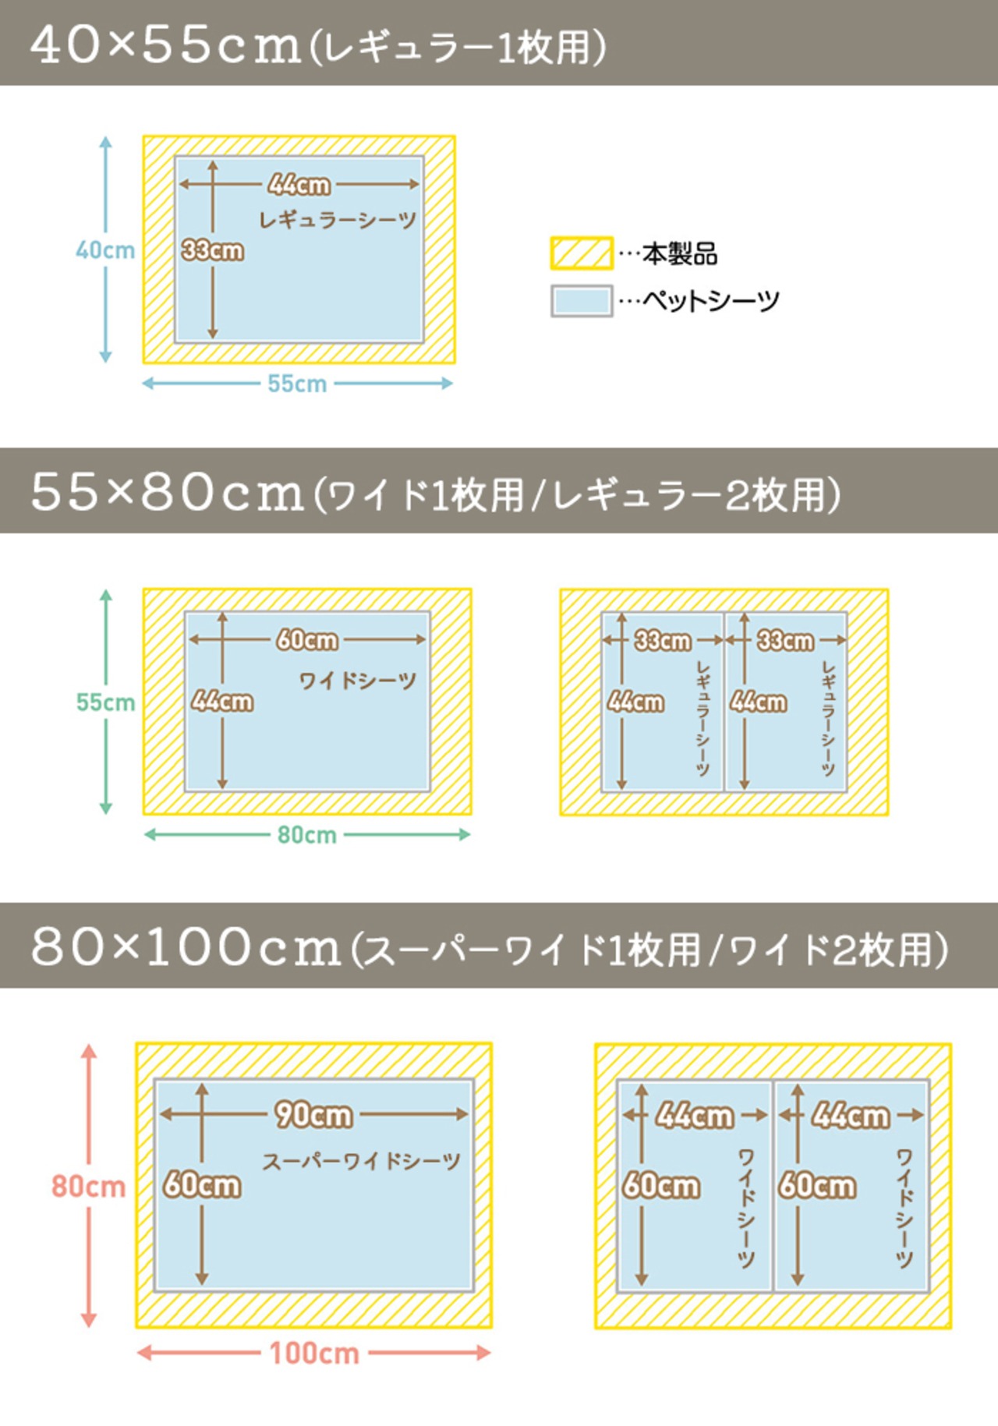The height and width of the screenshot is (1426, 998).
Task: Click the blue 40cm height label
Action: point(105,250)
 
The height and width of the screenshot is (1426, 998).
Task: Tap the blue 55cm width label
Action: point(297,384)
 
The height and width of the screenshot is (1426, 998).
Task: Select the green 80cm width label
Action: point(307,835)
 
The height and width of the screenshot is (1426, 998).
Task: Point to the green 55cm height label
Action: point(105,702)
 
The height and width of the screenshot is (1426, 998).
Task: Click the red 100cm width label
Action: point(314,1353)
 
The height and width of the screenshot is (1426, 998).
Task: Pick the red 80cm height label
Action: point(89,1187)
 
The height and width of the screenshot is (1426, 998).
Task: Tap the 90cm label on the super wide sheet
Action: point(313,1115)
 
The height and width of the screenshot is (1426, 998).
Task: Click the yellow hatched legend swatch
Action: point(582,253)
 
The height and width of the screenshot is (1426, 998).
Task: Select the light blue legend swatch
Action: point(582,301)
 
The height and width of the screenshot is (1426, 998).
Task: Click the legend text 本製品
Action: point(680,254)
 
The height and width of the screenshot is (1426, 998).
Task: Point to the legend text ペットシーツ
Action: point(711,301)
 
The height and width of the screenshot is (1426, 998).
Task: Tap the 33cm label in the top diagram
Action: point(212,251)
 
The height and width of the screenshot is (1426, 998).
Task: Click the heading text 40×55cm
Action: point(166,45)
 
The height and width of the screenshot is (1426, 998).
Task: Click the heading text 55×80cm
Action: point(167,493)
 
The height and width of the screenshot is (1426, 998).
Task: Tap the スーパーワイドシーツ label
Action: point(361,1162)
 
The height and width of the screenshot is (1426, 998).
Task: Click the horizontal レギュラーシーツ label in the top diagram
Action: point(338,220)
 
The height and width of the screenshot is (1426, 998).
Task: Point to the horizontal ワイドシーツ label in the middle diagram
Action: point(358,681)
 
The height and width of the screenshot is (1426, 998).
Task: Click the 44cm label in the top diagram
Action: point(299,185)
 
